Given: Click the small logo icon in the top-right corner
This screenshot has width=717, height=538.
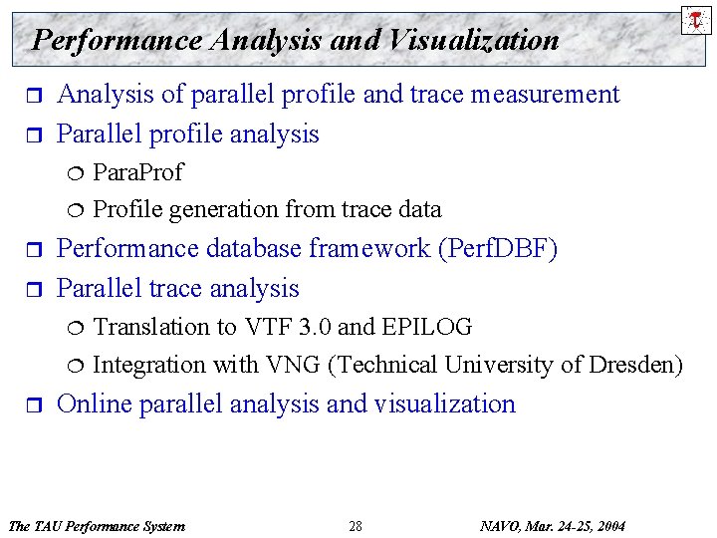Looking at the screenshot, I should click(x=695, y=18).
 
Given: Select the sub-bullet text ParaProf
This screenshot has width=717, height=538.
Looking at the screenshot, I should click(x=137, y=172).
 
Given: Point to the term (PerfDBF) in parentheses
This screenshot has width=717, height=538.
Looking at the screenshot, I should click(x=498, y=249).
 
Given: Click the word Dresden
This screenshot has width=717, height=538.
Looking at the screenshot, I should click(x=635, y=365).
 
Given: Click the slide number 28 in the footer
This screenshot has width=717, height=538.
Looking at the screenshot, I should click(x=356, y=526).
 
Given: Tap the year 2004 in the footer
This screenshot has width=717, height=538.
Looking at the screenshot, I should click(x=609, y=526).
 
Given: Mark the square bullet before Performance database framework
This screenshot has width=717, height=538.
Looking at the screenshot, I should click(x=30, y=250).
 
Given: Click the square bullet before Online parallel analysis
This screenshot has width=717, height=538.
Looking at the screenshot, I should click(x=30, y=404).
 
